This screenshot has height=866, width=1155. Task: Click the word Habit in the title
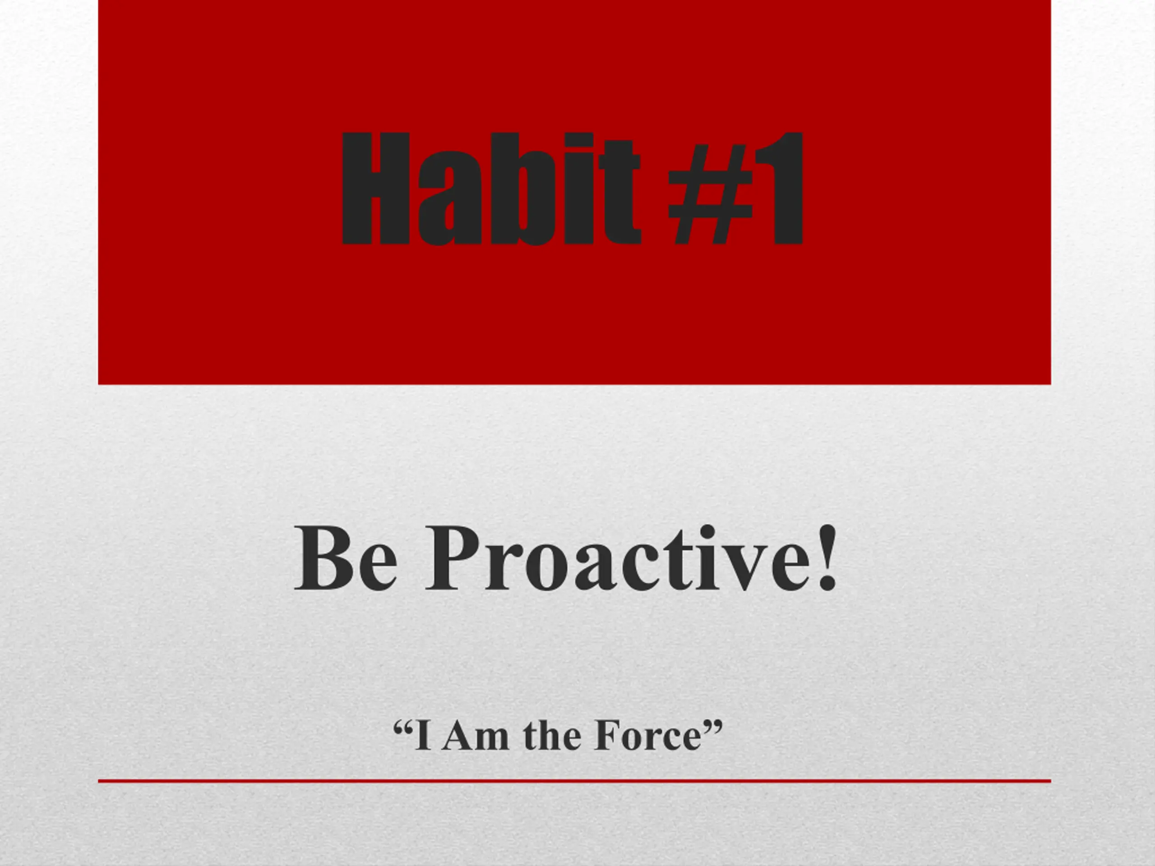click(491, 189)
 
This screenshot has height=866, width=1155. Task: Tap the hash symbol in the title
click(711, 189)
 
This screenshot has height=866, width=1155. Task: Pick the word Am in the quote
click(475, 736)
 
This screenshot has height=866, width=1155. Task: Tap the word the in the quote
click(552, 736)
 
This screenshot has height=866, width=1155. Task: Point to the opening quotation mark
click(402, 727)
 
